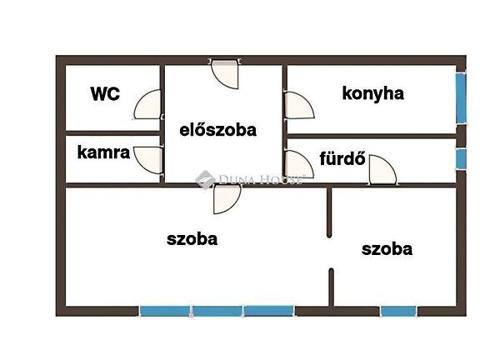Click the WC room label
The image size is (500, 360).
pyautogui.click(x=106, y=93)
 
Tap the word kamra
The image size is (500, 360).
pyautogui.click(x=103, y=152)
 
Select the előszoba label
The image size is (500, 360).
pyautogui.click(x=218, y=129)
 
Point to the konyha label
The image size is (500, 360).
pyautogui.click(x=372, y=92)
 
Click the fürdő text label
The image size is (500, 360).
pyautogui.click(x=342, y=158)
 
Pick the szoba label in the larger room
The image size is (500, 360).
pyautogui.click(x=192, y=239)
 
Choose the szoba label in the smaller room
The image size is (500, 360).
pyautogui.click(x=387, y=248)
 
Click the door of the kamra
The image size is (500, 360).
pyautogui.click(x=148, y=159)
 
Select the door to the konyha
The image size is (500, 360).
pyautogui.click(x=297, y=106)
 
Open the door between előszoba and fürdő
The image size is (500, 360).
pyautogui.click(x=297, y=162)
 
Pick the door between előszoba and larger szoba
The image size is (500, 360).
pyautogui.click(x=226, y=197)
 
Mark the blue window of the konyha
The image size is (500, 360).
pyautogui.click(x=460, y=98)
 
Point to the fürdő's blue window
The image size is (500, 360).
pyautogui.click(x=460, y=157)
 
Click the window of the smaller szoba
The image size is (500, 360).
pyautogui.click(x=398, y=312)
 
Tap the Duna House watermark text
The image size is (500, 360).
pyautogui.click(x=250, y=178)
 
